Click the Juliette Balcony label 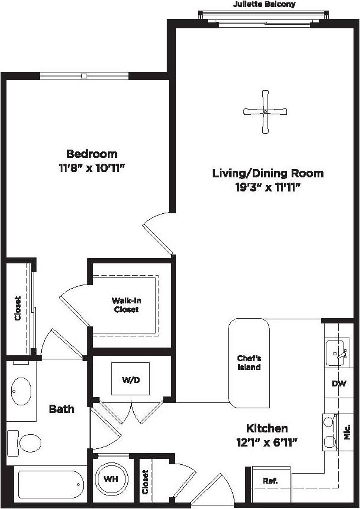pyautogui.click(x=264, y=5)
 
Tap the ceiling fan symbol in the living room pyautogui.click(x=266, y=111)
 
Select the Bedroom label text pyautogui.click(x=91, y=154)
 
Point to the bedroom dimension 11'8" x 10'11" pyautogui.click(x=91, y=167)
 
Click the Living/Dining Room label pyautogui.click(x=268, y=173)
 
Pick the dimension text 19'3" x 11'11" pyautogui.click(x=268, y=187)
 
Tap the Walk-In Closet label pyautogui.click(x=126, y=305)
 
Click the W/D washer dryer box pyautogui.click(x=131, y=380)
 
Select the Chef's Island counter pyautogui.click(x=249, y=363)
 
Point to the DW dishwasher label pyautogui.click(x=339, y=384)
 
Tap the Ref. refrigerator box pyautogui.click(x=270, y=480)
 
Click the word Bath pyautogui.click(x=61, y=408)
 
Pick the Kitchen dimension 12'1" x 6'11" pyautogui.click(x=267, y=441)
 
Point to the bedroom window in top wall pyautogui.click(x=85, y=75)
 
